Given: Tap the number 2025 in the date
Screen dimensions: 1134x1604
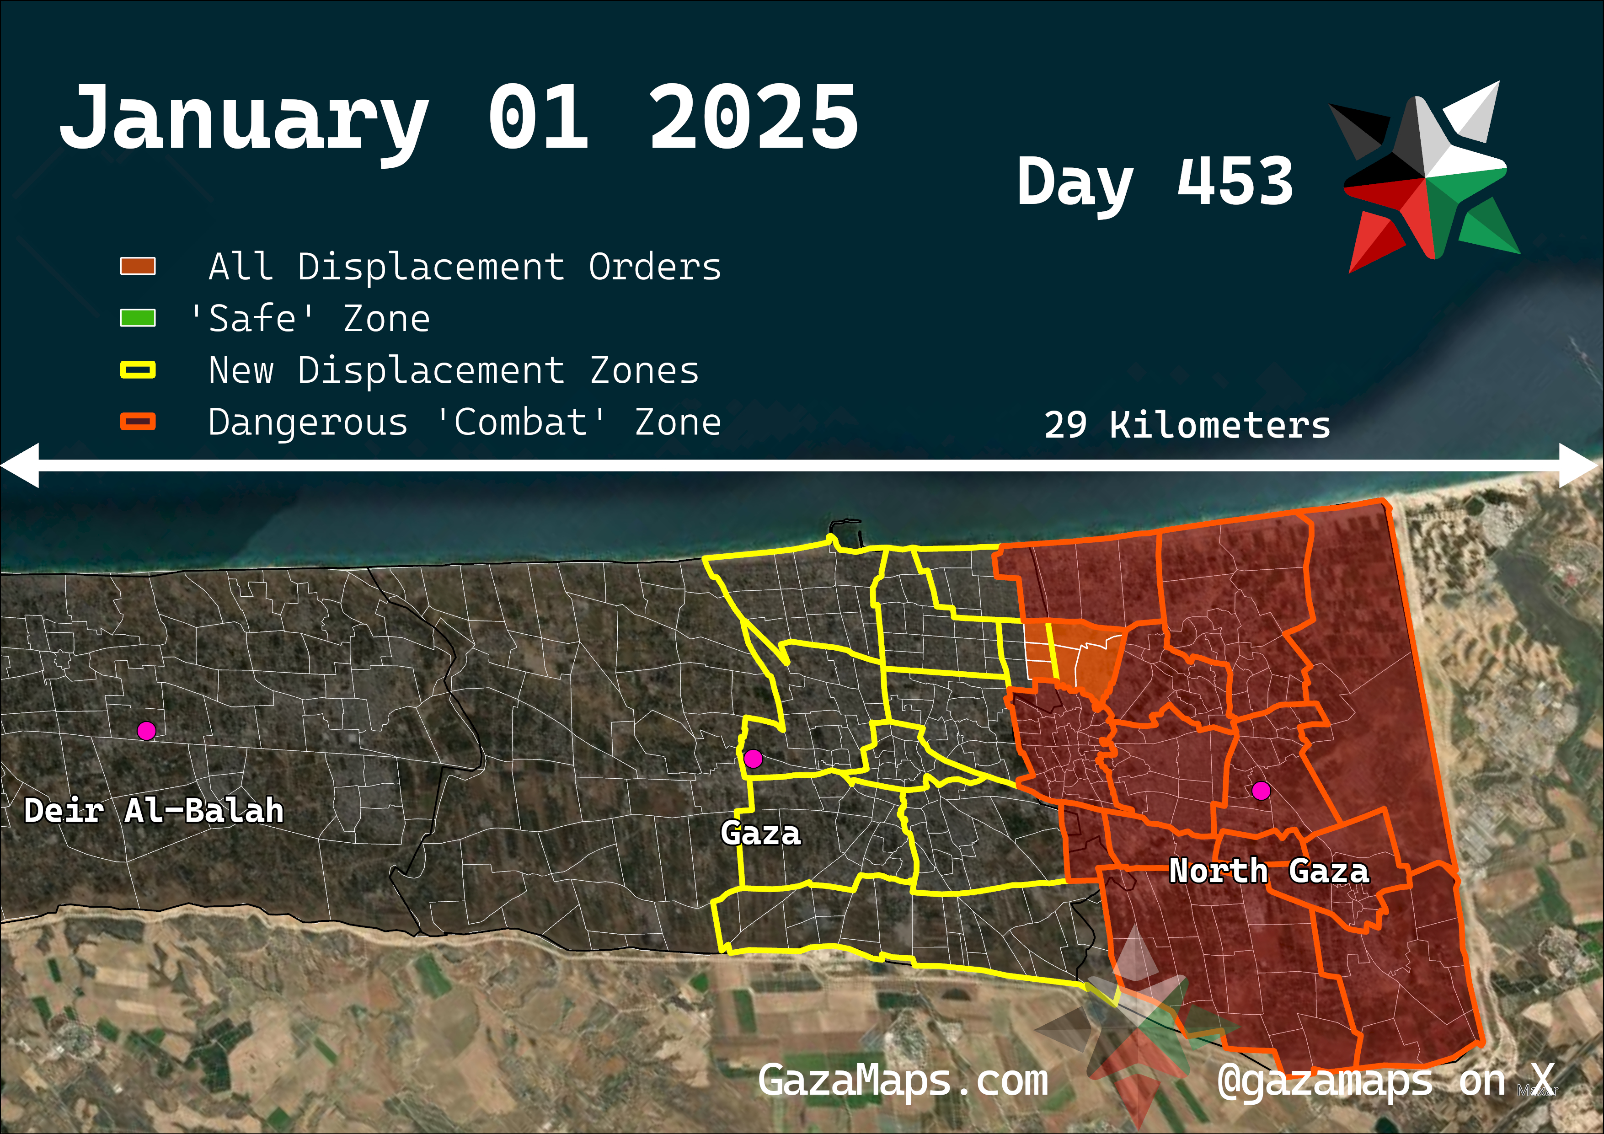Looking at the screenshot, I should tap(753, 118).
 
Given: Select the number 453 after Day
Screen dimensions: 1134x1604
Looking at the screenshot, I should tap(1235, 182).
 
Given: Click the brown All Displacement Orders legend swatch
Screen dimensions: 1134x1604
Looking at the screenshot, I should tap(138, 266).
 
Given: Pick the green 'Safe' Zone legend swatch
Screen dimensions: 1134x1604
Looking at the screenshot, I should tap(138, 318).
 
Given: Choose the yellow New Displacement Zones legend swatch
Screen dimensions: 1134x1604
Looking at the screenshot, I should tap(138, 369).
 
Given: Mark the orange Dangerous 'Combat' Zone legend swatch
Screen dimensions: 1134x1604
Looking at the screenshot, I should tap(138, 421).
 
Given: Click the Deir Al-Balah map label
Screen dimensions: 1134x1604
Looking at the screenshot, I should tap(154, 811).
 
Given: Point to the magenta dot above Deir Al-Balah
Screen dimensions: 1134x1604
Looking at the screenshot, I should tap(146, 731).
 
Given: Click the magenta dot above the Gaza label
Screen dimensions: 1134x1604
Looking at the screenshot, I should tap(753, 758).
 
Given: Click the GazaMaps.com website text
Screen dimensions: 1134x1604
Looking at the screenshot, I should tap(903, 1081).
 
